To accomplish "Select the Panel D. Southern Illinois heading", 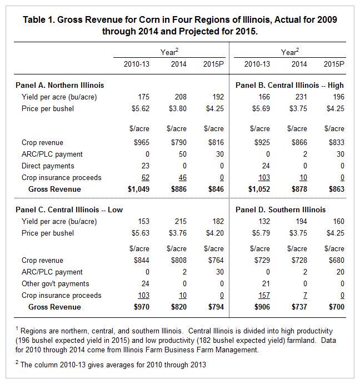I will coord(281,210).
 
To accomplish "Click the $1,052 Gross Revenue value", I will coord(257,189).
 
